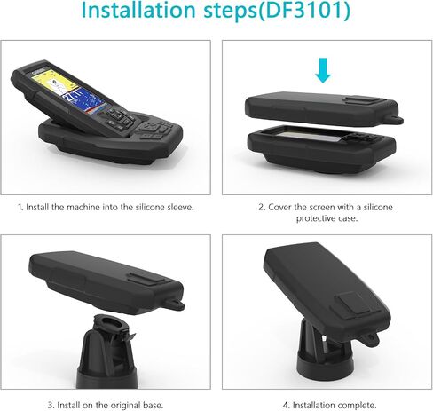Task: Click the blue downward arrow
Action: point(323,70)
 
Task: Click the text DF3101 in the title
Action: point(303,10)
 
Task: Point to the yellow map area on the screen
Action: point(53,81)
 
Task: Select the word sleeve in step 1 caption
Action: point(180,207)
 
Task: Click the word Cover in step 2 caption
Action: point(279,207)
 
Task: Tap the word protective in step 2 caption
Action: point(315,218)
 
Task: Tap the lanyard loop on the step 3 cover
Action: point(176,304)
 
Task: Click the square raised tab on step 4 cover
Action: point(352,304)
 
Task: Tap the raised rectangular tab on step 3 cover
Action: point(146,279)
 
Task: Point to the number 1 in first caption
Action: point(20,207)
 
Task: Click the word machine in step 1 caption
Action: point(83,207)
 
